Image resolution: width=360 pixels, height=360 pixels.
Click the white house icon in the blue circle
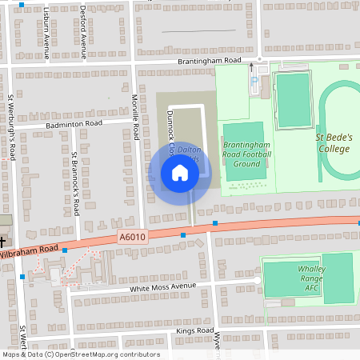point(180,173)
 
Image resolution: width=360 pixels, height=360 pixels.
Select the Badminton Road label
point(75,125)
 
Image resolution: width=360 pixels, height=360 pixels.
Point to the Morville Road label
point(136,115)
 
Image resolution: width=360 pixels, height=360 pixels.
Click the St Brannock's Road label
point(75,184)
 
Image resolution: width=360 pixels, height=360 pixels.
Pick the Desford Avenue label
point(83,32)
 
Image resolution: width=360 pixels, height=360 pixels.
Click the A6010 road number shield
point(132,237)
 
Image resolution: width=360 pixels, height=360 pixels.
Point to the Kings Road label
point(194,330)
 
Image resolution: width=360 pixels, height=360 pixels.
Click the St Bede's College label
point(332,143)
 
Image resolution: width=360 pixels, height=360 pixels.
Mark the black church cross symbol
point(2,240)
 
